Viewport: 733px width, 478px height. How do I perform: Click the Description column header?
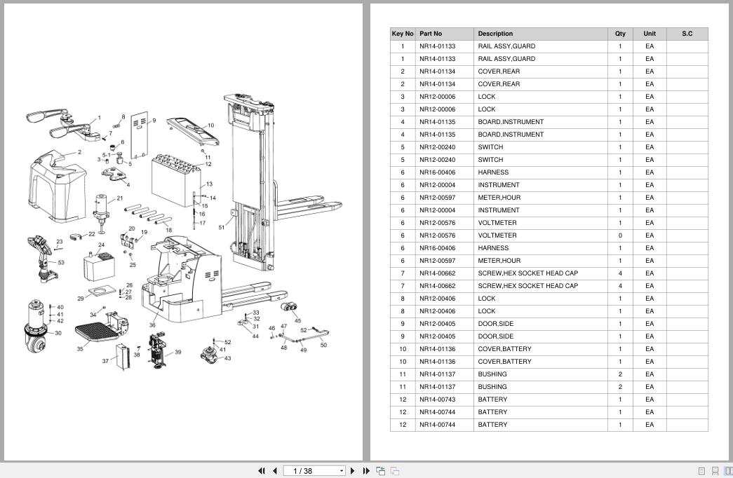(495, 34)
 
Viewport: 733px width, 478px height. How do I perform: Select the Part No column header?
(431, 34)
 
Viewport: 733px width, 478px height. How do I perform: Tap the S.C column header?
(687, 34)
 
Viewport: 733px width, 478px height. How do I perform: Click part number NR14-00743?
(437, 400)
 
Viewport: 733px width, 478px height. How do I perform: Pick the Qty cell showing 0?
(620, 235)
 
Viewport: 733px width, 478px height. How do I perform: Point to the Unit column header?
(650, 34)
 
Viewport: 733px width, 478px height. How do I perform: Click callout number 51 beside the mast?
(222, 228)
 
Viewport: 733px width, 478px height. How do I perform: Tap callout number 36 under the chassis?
(152, 325)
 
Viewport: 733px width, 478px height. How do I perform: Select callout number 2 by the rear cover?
(79, 152)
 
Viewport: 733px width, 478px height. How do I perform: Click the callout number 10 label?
(211, 125)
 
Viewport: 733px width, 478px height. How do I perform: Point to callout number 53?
(61, 263)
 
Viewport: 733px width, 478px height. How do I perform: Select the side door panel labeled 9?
(140, 135)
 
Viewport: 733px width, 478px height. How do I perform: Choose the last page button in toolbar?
(366, 471)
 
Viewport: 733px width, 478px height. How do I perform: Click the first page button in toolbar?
(262, 471)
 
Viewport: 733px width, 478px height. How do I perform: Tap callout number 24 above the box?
(102, 245)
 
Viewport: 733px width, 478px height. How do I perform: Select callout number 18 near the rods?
(169, 230)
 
